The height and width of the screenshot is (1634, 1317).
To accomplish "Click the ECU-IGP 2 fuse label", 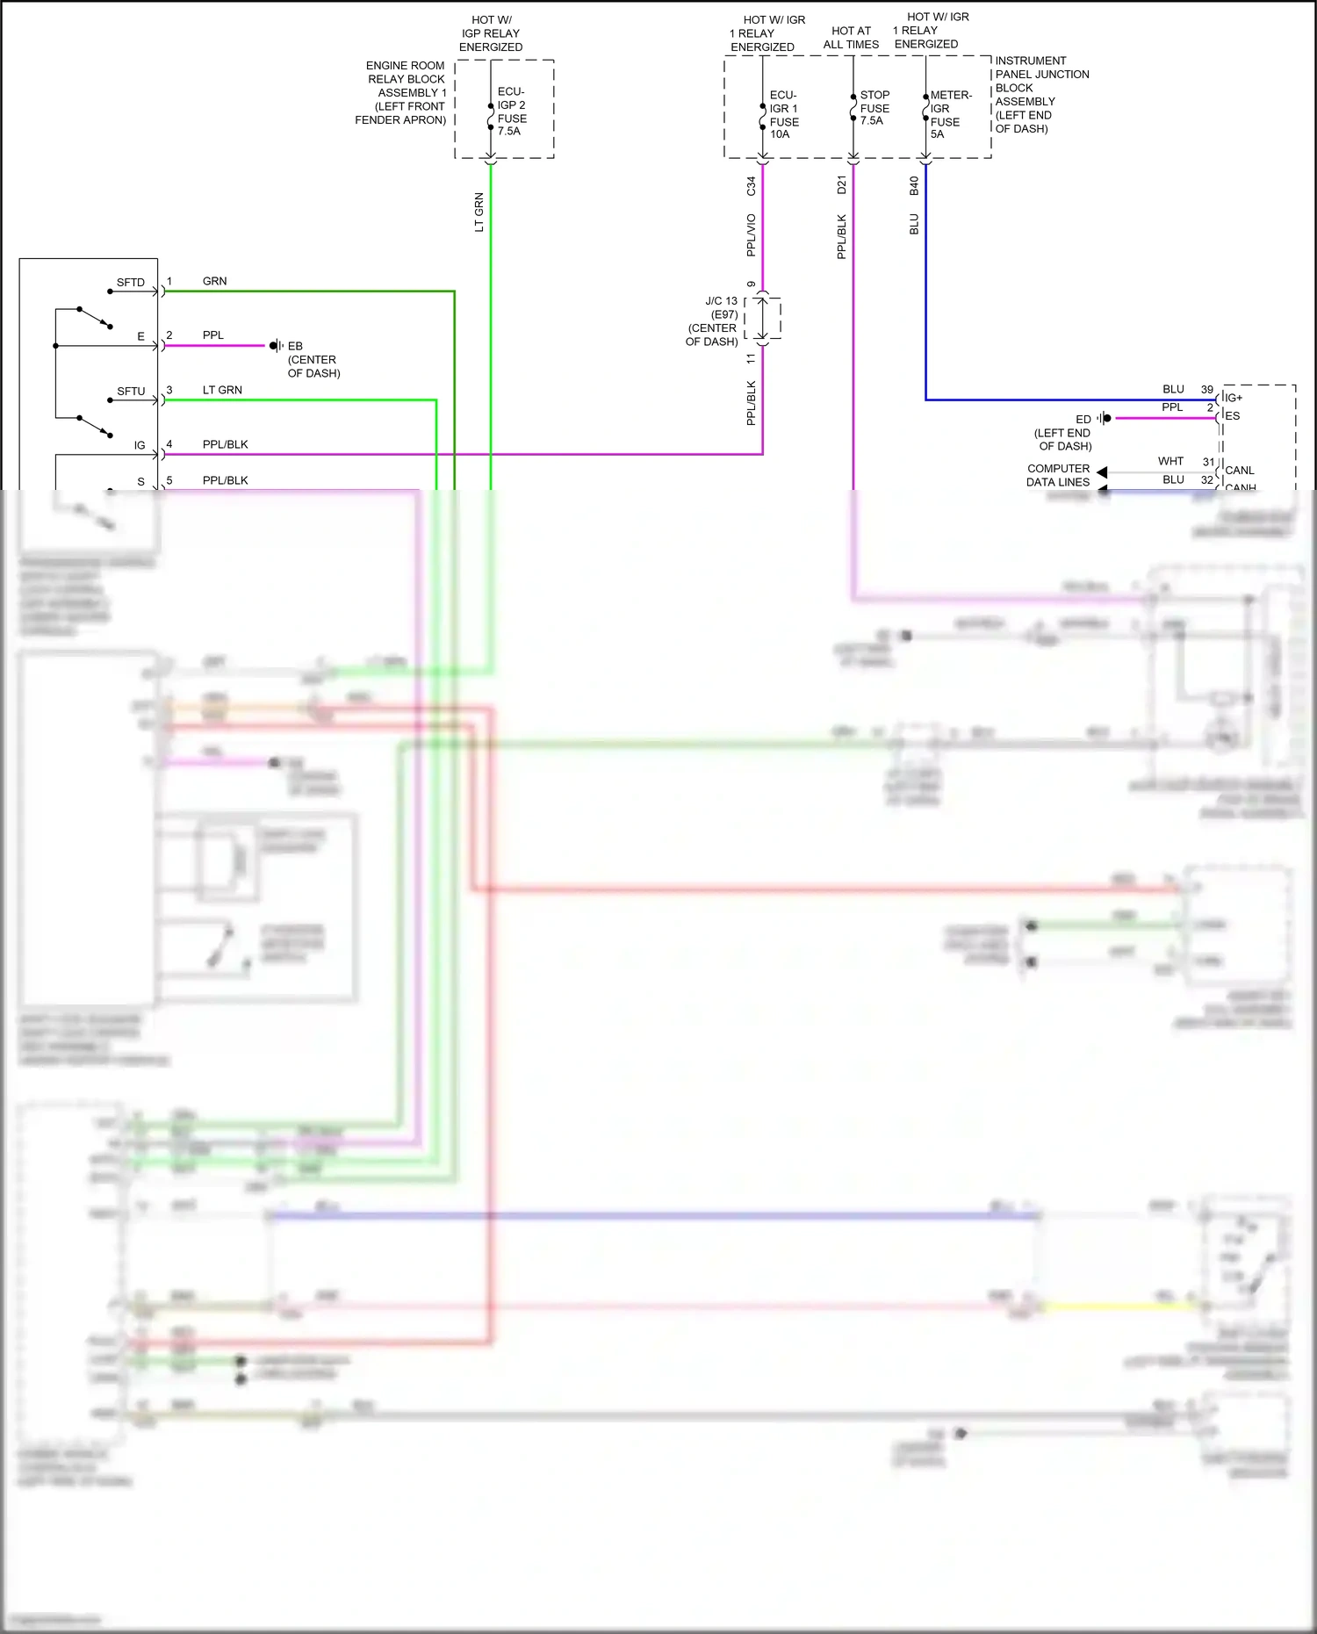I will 512,111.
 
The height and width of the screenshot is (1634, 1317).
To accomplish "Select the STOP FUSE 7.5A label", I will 874,108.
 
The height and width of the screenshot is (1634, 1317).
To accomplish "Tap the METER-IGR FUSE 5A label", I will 949,114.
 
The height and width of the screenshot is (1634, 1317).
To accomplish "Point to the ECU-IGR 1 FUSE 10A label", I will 783,114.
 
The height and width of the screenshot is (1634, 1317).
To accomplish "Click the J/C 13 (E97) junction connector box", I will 762,319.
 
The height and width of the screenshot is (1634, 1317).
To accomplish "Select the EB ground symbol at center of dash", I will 275,346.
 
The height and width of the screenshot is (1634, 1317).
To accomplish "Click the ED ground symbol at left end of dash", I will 1105,418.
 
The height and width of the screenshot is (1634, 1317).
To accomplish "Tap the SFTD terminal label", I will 130,283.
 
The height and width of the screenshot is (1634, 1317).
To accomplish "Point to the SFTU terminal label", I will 131,392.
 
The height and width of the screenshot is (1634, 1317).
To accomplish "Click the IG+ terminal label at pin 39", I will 1234,398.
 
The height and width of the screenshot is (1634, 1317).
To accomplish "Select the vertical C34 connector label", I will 751,186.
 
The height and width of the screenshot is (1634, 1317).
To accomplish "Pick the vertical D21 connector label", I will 841,185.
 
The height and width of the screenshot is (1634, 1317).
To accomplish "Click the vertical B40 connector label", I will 914,186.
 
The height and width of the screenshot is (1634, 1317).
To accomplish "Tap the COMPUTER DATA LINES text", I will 1058,475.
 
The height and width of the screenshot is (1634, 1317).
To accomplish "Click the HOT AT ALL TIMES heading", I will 851,38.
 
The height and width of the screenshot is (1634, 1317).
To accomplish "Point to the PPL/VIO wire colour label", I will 751,235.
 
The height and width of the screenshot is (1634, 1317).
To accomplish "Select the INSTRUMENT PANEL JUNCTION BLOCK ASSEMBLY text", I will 1041,95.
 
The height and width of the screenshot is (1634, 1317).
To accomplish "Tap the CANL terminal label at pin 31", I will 1239,471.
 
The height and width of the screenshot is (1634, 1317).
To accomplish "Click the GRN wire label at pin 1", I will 214,281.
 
